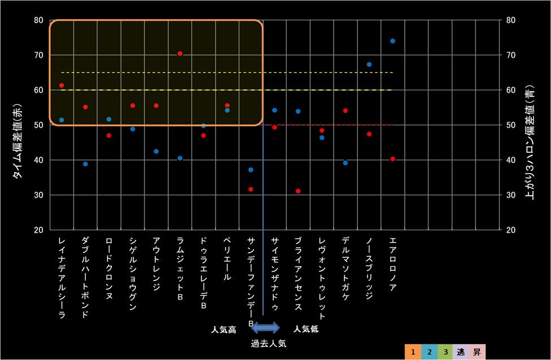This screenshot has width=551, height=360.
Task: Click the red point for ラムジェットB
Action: (180, 54)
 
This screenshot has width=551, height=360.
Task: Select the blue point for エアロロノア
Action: (392, 41)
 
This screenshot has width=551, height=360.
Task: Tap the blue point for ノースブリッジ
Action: (369, 64)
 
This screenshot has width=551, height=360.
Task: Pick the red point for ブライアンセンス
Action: (298, 191)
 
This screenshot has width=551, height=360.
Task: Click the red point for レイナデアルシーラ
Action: (62, 85)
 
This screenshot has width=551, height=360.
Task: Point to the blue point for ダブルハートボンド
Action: (85, 164)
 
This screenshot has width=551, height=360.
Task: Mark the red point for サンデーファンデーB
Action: (251, 189)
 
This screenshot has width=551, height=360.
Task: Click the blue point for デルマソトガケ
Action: (346, 163)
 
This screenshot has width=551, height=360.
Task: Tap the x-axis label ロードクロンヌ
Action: (109, 268)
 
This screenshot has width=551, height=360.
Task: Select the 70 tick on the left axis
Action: (38, 55)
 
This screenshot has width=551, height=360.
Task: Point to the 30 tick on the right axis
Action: (510, 195)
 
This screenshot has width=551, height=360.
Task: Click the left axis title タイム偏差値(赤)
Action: (18, 142)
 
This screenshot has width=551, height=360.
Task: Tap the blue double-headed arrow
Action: (265, 328)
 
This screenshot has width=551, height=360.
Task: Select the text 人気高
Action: (224, 328)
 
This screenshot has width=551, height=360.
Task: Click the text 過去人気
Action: (269, 343)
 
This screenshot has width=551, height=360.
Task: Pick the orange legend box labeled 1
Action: (414, 352)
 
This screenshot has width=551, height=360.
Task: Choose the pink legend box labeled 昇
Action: (476, 352)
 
